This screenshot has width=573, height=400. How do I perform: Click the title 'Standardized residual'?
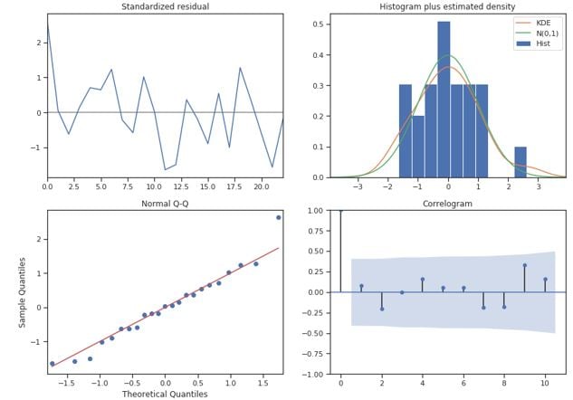[165, 7]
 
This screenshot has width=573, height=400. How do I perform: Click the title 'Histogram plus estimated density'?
[447, 7]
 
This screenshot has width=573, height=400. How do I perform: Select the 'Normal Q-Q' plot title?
[165, 205]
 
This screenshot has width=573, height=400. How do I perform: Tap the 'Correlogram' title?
[447, 205]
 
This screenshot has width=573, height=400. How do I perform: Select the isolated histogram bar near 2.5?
[520, 162]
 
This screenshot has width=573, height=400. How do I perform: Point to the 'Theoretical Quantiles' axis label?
[165, 394]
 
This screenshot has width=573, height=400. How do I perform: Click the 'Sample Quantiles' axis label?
[24, 292]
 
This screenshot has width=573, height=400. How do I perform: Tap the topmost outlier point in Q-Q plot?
[278, 217]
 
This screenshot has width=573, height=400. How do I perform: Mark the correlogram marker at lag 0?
[340, 211]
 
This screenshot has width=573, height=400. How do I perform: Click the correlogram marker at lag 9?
[525, 265]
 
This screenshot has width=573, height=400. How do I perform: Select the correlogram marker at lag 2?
[381, 309]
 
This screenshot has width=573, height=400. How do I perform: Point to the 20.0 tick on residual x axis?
[261, 186]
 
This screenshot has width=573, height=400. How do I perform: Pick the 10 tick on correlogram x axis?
[545, 383]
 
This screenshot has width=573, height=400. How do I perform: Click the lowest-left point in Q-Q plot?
[52, 364]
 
